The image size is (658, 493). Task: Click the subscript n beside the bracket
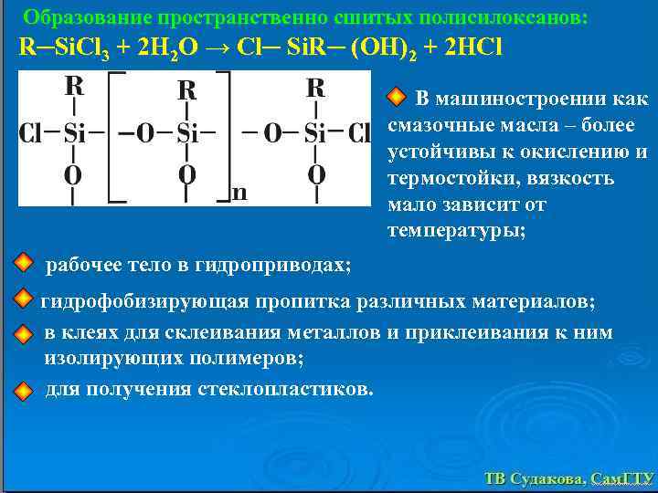coord(239,193)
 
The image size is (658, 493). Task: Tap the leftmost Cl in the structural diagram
coord(31,134)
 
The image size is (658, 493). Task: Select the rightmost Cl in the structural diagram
coord(358,134)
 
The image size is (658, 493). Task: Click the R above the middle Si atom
coord(187,90)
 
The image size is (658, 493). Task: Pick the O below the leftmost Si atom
coord(73,173)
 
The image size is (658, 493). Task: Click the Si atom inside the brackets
coord(187,134)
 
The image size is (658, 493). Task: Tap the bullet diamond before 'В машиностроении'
coord(397,97)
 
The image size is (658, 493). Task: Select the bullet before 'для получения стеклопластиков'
coord(25,390)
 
